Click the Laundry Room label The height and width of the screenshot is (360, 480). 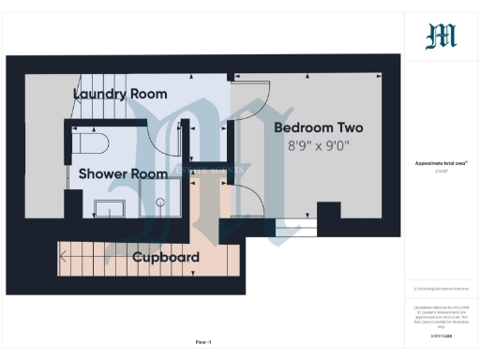(x=120, y=94)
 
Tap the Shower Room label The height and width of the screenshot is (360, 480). (x=123, y=173)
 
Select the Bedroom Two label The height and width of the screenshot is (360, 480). (x=318, y=127)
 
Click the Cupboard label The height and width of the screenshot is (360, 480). (x=165, y=257)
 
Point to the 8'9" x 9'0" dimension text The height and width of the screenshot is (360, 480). (x=319, y=146)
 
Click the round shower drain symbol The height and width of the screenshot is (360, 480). (x=160, y=201)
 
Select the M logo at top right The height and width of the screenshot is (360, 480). (x=441, y=37)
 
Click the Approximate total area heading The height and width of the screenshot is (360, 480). (x=441, y=162)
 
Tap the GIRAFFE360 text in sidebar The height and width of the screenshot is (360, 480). (x=441, y=331)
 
